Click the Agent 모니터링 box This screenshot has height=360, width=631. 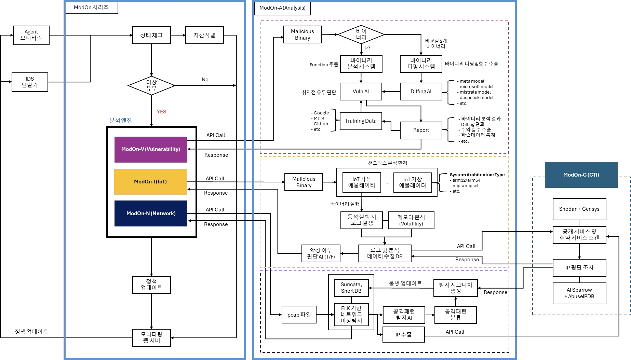31,35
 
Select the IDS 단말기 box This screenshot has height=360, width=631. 30,82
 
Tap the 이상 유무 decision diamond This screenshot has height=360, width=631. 151,85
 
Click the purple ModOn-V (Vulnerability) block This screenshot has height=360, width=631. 151,149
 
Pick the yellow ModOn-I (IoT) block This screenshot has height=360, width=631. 150,182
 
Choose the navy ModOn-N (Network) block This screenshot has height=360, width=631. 151,213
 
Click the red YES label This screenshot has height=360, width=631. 161,112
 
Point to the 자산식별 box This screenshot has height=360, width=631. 204,35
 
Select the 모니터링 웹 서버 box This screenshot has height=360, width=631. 151,337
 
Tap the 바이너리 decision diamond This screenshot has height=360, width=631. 361,34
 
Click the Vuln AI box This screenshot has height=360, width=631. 361,92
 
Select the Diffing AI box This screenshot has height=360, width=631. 421,92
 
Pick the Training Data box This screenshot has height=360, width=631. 361,121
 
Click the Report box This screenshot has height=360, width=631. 421,130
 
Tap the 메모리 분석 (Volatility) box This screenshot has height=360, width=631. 411,220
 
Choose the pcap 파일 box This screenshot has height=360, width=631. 299,315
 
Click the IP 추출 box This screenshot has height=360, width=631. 403,334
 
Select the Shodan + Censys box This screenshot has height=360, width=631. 579,209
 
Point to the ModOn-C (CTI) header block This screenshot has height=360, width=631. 581,175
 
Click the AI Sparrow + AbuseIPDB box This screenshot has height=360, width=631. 579,293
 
